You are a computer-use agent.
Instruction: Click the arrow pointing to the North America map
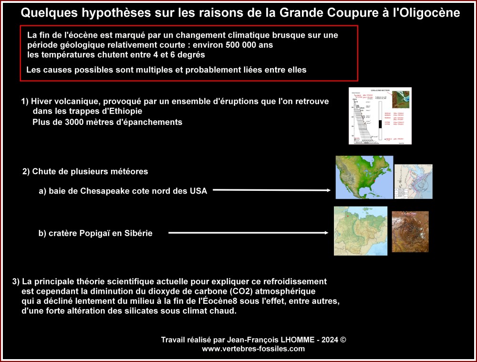271,190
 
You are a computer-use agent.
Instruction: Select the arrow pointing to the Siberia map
248,233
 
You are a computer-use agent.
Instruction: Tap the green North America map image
364,177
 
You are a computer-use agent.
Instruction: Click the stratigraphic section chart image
380,115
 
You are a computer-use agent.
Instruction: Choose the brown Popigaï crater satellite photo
410,231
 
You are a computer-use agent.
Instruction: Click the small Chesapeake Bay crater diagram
413,181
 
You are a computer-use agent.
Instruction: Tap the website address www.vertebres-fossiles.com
253,349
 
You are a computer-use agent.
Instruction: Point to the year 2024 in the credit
330,340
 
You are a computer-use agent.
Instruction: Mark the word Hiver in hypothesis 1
40,102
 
